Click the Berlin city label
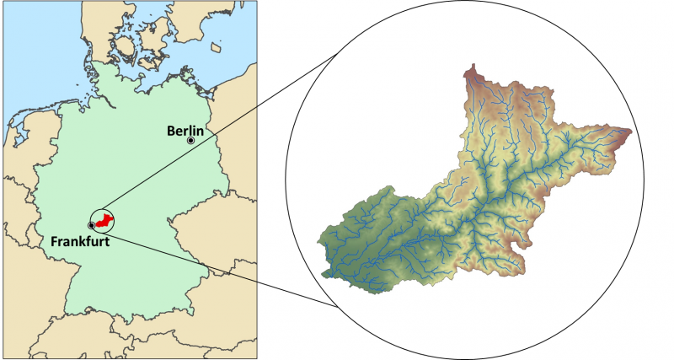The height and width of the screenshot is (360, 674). (186, 130)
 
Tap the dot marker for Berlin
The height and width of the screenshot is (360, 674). (191, 141)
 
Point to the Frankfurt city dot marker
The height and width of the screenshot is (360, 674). (91, 226)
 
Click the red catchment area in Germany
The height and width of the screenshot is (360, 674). (104, 221)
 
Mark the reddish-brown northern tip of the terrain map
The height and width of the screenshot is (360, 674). (471, 72)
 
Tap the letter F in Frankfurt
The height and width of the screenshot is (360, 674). (55, 241)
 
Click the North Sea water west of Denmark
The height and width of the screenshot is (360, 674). (42, 51)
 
